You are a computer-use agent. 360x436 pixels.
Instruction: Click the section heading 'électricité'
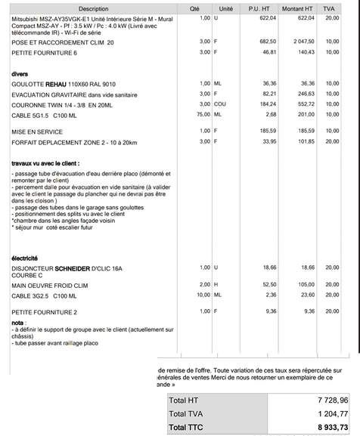click(26, 258)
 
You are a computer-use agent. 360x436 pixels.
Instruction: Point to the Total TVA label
click(187, 414)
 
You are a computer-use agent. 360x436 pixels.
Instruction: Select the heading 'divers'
click(20, 73)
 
